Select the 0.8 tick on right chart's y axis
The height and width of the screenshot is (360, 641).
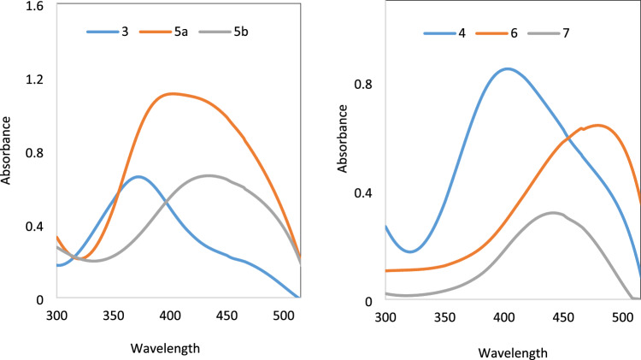[363, 85]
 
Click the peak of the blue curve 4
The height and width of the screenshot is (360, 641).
[508, 68]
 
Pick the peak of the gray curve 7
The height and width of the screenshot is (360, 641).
[553, 212]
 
